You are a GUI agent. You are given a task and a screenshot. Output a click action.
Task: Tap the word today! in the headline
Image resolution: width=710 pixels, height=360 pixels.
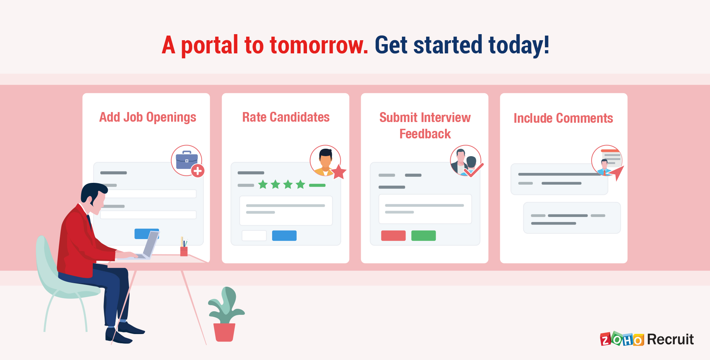[519, 46]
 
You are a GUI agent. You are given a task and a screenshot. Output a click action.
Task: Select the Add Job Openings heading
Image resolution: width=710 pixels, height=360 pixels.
[148, 117]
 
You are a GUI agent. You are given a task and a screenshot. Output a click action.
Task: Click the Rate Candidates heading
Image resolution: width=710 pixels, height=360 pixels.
[286, 117]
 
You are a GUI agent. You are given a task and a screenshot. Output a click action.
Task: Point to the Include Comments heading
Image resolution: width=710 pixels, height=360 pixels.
[563, 118]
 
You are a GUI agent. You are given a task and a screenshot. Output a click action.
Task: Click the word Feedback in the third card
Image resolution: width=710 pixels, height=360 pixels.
[425, 134]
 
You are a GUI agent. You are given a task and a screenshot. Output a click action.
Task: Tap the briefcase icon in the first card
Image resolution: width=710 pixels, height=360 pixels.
[186, 160]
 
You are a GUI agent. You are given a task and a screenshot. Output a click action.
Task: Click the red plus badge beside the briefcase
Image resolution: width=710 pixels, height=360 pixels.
[198, 171]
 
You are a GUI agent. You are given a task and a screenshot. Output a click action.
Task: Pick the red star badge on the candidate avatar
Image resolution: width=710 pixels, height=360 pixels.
[339, 172]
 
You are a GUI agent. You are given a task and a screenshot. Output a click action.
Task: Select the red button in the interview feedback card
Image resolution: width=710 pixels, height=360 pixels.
[393, 235]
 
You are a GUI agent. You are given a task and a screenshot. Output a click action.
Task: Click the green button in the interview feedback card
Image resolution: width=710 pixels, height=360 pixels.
[423, 235]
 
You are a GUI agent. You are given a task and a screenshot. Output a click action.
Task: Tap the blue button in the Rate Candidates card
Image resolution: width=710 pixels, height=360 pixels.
[284, 235]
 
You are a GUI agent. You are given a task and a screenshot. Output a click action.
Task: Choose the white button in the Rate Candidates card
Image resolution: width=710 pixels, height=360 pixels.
[254, 235]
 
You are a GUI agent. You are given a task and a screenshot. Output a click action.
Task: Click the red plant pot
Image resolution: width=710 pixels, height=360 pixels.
[224, 332]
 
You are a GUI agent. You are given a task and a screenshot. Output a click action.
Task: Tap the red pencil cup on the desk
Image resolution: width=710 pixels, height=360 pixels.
[184, 251]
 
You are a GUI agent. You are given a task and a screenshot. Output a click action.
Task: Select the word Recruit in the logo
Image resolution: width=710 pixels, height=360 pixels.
[670, 339]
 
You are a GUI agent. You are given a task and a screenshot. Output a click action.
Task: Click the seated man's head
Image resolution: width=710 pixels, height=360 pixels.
[94, 196]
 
